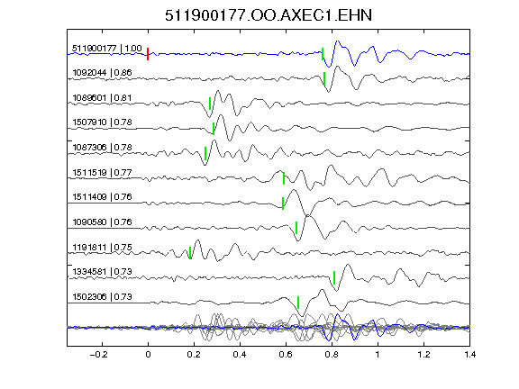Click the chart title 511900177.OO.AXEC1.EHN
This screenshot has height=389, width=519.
coord(269,15)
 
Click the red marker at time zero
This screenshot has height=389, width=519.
coord(148,54)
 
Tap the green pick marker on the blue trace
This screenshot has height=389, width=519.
coord(323,54)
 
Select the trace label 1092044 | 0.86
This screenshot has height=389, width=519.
coord(102,72)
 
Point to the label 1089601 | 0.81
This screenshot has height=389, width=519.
coord(102,98)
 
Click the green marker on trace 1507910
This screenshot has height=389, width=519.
coord(214,129)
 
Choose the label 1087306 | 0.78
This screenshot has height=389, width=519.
coord(103,147)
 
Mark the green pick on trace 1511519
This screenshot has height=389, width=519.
coord(284,178)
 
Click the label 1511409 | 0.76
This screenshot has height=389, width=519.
coord(103,197)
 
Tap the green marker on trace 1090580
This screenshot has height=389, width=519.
coord(296,228)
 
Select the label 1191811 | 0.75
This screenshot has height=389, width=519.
coord(103,247)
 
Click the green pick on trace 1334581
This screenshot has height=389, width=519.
coord(334,278)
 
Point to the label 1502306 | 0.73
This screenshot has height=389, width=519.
coord(103,297)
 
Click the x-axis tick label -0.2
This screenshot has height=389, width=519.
coord(98,355)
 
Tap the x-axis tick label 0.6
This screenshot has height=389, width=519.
coord(286,355)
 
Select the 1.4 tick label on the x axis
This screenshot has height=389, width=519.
coord(469,355)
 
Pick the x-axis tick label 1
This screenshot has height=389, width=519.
coord(378,355)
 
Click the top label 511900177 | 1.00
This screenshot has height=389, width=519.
coord(107,49)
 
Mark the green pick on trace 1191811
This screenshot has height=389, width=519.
coord(190,253)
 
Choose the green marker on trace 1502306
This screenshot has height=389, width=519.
coord(298,303)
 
